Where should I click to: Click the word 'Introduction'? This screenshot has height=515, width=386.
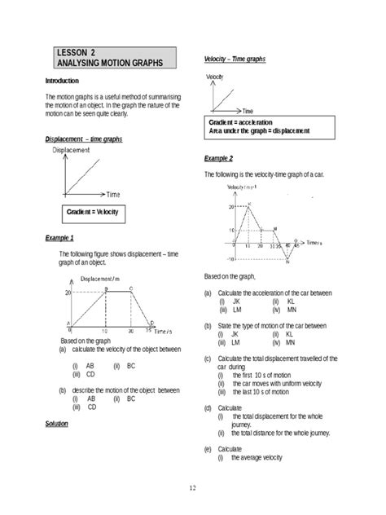(62, 81)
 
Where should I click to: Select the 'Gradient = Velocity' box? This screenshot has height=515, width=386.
(92, 213)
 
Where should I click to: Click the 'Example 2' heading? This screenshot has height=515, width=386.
(219, 158)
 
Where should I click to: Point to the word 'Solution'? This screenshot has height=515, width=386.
(57, 425)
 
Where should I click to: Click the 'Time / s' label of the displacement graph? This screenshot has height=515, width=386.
(164, 332)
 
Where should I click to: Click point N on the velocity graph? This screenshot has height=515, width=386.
(288, 259)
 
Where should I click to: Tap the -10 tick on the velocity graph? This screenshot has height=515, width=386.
(231, 258)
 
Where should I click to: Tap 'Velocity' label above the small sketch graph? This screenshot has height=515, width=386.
(215, 76)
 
